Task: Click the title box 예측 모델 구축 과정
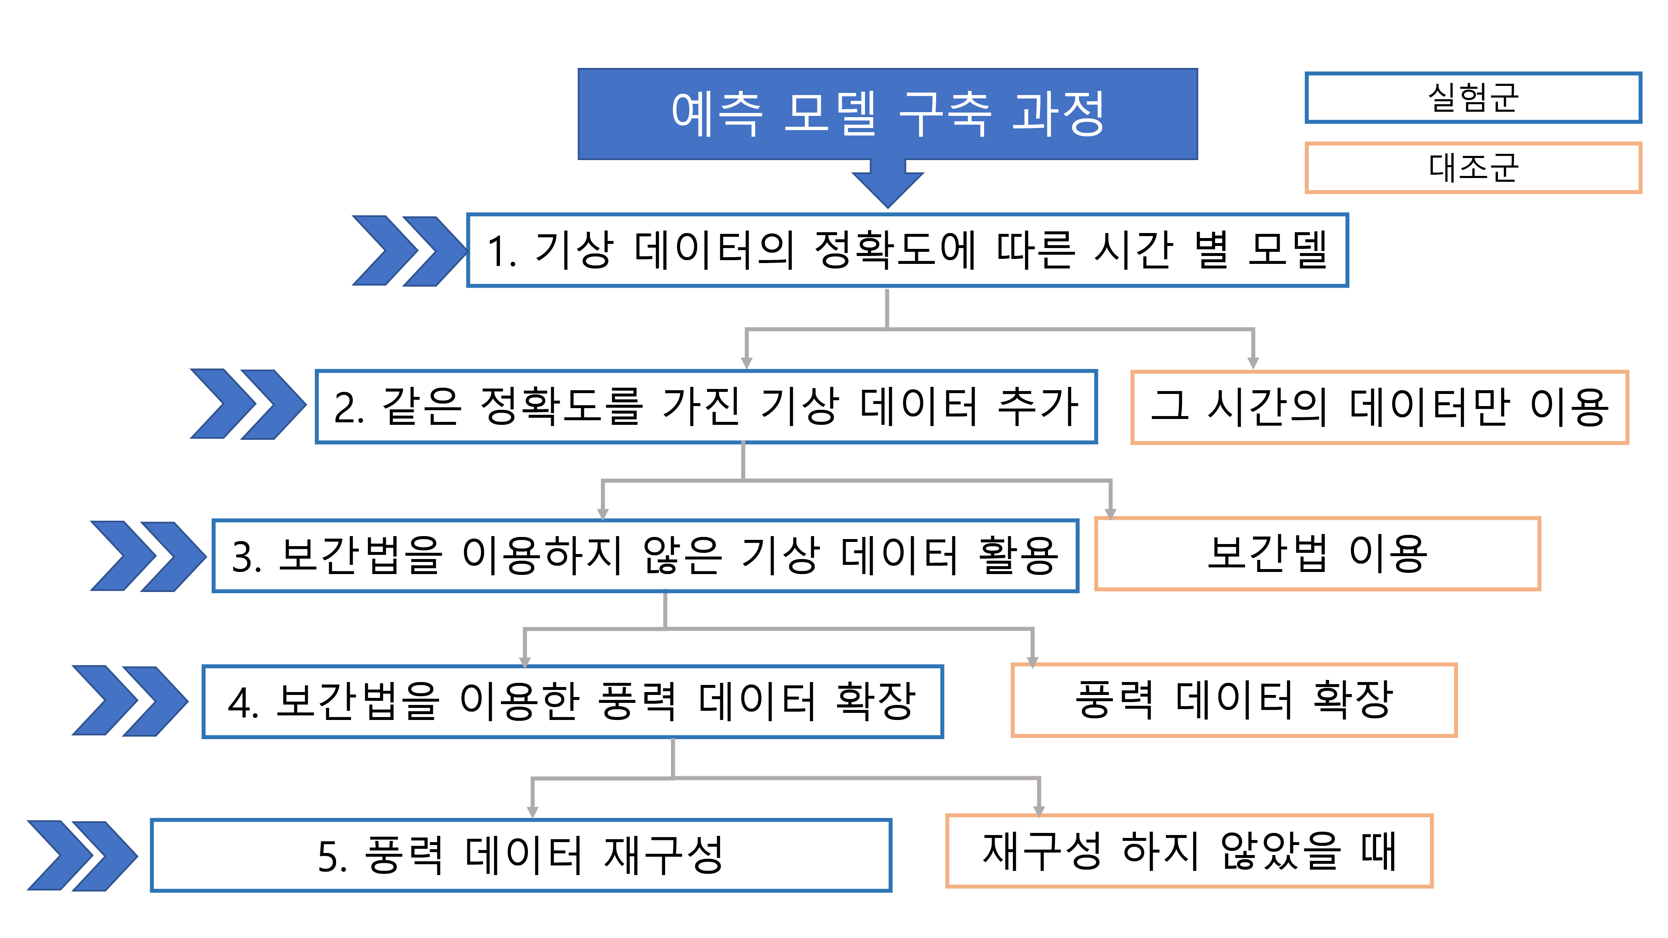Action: (x=888, y=114)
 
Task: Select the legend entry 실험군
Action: (x=1473, y=98)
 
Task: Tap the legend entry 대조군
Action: (x=1473, y=168)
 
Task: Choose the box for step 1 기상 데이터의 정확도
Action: (x=907, y=250)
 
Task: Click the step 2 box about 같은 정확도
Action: (x=706, y=406)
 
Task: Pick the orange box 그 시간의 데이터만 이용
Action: (x=1379, y=407)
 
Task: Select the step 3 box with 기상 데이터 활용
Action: (x=645, y=555)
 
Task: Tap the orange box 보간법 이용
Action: (x=1317, y=554)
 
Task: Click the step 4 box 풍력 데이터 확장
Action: (x=573, y=702)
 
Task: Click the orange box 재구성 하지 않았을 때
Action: (x=1189, y=850)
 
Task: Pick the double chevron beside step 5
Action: (x=82, y=856)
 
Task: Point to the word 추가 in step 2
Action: (x=1039, y=406)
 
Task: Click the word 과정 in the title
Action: (x=1059, y=114)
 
